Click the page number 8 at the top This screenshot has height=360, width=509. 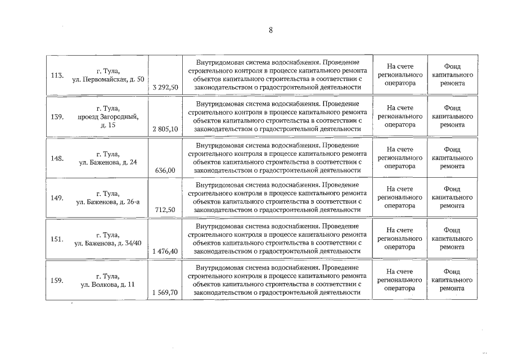point(271,30)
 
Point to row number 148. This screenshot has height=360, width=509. point(57,158)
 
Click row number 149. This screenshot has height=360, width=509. point(57,197)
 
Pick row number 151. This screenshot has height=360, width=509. point(57,238)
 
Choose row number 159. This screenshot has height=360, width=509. point(57,280)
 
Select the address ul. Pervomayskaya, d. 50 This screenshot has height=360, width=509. point(108,79)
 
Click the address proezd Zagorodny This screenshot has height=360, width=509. point(108,116)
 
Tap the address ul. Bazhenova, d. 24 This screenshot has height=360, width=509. point(108,162)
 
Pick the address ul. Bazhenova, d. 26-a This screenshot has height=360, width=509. point(108,201)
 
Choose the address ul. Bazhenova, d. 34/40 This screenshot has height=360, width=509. point(108,243)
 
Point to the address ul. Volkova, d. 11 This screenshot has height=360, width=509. point(108,285)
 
